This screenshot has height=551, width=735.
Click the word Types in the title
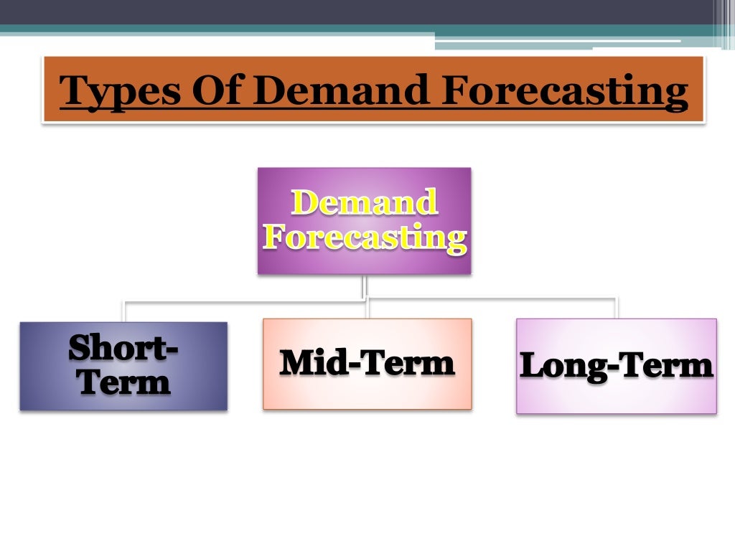tap(115, 92)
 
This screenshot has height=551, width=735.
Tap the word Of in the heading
tap(215, 92)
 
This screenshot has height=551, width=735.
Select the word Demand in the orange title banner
tap(341, 92)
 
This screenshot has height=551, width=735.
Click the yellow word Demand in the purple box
tap(364, 202)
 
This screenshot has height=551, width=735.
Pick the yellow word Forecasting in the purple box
tap(365, 237)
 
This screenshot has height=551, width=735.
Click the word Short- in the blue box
tap(123, 349)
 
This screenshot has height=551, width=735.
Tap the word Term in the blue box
tap(124, 382)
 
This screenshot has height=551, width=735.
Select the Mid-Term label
tap(367, 363)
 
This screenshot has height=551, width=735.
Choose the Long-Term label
tap(616, 366)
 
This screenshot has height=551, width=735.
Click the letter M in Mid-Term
tap(295, 363)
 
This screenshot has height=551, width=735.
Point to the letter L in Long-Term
tap(530, 366)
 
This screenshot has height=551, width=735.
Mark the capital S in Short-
tap(79, 349)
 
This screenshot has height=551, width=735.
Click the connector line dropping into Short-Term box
tap(124, 311)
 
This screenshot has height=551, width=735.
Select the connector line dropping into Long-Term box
tap(616, 307)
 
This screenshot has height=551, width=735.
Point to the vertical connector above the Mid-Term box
tap(367, 309)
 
